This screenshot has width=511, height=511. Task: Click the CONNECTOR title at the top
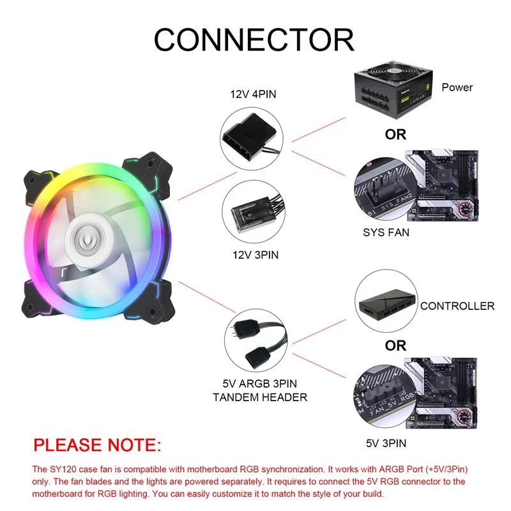point(254,40)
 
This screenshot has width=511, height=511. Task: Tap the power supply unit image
point(393,89)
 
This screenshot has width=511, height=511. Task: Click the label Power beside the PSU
point(457,88)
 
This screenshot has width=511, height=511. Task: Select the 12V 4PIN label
point(253,94)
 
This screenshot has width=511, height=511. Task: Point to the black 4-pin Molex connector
point(250,137)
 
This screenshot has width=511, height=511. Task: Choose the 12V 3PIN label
point(256,255)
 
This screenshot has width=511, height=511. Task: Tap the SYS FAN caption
point(386,233)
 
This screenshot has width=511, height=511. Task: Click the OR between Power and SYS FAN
point(395,135)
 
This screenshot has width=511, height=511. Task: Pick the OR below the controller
point(395,346)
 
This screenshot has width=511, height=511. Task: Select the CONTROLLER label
point(457,306)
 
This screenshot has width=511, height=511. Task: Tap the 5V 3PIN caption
point(386,443)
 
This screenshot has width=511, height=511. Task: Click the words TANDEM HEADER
point(260,397)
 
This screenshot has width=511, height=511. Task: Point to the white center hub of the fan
point(88,240)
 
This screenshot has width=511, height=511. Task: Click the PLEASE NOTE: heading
point(97,445)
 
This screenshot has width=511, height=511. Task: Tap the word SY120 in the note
point(63,469)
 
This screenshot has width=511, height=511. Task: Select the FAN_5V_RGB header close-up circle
point(385,396)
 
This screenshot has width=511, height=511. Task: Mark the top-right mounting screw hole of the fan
point(150,164)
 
